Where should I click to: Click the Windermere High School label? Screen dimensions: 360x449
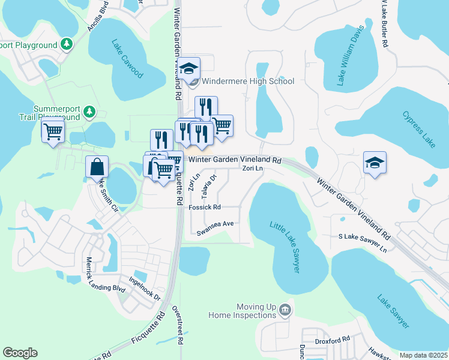248,81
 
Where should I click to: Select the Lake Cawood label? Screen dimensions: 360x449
127,59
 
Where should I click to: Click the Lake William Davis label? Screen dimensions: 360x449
351,56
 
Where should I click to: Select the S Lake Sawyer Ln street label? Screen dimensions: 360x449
363,239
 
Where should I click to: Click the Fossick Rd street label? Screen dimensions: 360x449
205,208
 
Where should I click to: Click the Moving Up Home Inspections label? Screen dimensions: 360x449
242,311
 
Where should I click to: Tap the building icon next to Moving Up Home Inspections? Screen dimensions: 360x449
285,311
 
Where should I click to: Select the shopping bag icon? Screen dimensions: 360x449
97,167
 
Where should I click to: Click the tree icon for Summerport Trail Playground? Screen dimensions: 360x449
89,111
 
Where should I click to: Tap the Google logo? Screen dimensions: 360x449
20,353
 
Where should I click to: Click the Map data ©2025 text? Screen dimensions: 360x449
423,355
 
